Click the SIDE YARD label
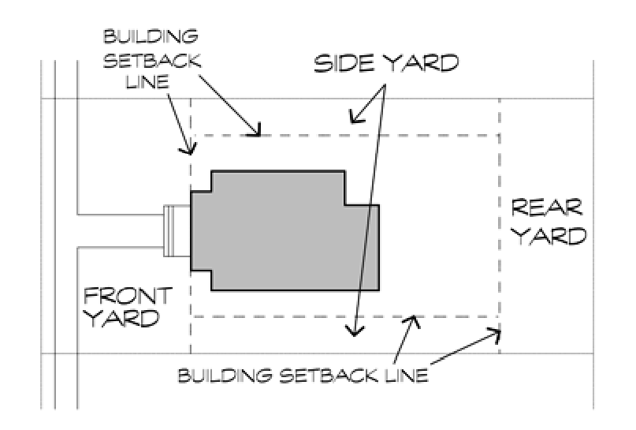386,64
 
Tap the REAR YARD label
549,222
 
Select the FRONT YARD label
128,308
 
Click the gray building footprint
285,231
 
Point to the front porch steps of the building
177,230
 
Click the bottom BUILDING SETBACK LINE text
303,376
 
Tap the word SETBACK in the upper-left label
152,61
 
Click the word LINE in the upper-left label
147,81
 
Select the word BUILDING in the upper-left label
151,36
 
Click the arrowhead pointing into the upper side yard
357,116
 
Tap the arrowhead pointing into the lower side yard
355,330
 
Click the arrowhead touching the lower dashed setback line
412,322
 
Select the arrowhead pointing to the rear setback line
493,335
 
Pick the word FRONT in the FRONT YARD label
128,296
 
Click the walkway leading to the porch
121,230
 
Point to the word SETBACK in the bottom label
329,376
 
